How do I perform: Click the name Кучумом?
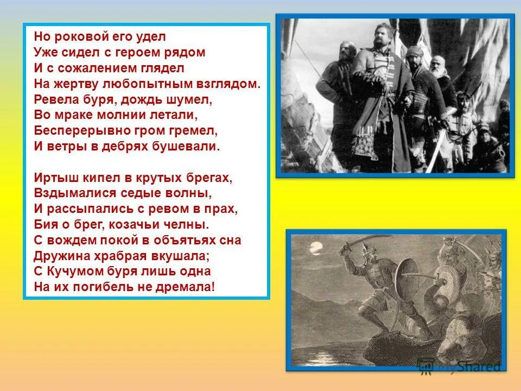coord(69,272)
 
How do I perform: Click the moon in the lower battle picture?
coord(315,250)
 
